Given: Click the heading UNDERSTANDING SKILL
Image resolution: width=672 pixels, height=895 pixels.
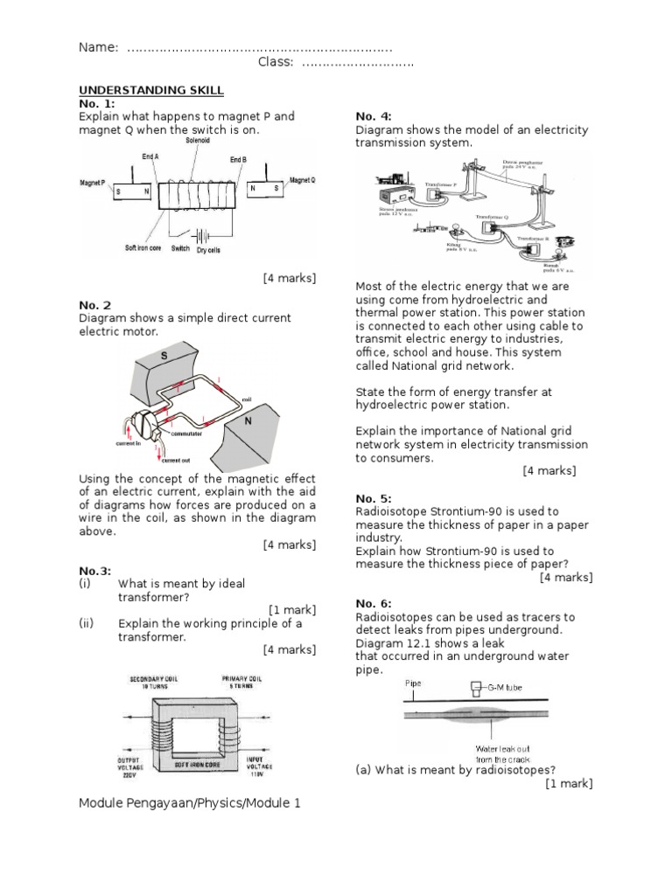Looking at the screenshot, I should click(x=151, y=90).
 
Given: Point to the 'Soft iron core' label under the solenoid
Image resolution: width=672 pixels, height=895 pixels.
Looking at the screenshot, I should click(x=145, y=247).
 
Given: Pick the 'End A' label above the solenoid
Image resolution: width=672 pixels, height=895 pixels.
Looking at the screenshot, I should click(x=150, y=156).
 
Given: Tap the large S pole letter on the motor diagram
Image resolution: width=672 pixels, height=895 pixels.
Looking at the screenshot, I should click(x=164, y=355).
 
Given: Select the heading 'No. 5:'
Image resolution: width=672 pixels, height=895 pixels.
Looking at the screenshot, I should click(x=374, y=498).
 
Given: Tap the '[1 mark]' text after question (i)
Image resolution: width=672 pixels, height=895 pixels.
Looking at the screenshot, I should click(x=292, y=609).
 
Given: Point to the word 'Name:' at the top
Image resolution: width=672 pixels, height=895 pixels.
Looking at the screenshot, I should click(x=98, y=47).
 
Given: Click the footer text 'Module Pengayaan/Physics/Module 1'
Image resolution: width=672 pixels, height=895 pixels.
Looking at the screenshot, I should click(x=190, y=801).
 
